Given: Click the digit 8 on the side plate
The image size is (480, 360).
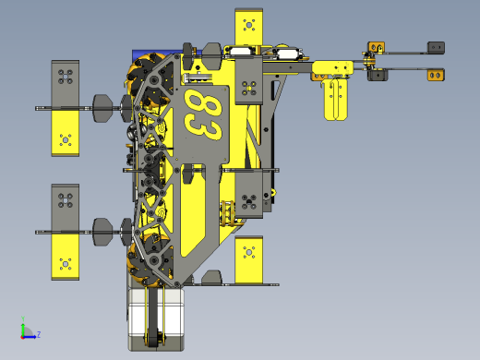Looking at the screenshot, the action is tap(205, 104).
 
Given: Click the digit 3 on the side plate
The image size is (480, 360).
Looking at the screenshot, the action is tap(203, 128).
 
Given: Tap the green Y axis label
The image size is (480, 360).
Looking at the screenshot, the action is tap(23, 318).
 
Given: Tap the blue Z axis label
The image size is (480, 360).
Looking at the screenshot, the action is tap(39, 334).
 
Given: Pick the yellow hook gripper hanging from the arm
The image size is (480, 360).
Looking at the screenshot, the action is tap(336, 99).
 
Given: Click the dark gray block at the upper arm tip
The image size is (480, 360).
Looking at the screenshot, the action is tap(436, 47).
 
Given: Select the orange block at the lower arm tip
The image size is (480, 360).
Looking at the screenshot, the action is tap(436, 75).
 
